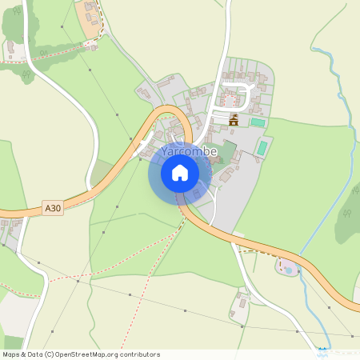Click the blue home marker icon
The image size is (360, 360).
[180, 173]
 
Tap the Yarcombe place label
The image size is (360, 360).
[190, 152]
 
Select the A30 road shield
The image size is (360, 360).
[53, 208]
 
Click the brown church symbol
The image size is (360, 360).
[234, 121]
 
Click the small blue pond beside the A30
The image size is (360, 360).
[289, 270]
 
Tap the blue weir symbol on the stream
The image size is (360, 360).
[322, 350]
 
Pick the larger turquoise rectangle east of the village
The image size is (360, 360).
[262, 148]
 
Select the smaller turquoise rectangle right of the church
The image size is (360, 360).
[257, 122]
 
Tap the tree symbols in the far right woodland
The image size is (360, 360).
[346, 214]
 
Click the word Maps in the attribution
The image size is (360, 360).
[12, 354]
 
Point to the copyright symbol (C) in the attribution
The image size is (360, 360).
[50, 354]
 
